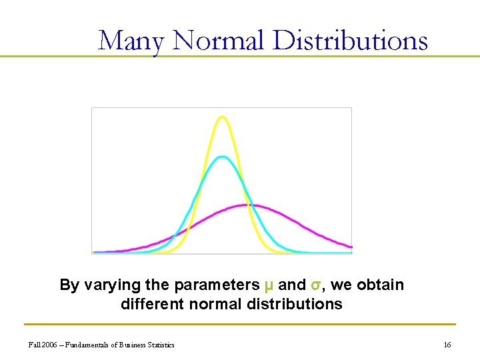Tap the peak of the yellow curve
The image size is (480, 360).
click(222, 117)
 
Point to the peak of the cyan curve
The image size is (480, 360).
click(223, 157)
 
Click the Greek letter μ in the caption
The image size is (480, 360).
click(269, 285)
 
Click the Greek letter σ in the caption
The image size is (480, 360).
click(316, 285)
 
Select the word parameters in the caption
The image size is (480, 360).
click(217, 285)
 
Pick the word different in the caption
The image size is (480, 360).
click(153, 305)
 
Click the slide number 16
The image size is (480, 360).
click(447, 345)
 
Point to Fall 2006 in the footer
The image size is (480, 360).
click(44, 345)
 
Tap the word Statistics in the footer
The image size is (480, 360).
click(161, 345)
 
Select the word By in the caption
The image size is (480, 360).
click(69, 285)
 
